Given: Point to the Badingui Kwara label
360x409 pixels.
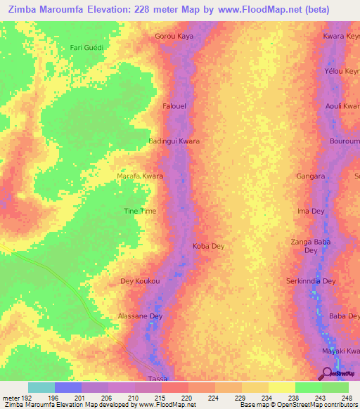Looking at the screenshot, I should (x=174, y=141).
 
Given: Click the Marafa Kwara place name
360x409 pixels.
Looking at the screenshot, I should (x=139, y=176).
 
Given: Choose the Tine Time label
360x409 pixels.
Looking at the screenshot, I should (x=140, y=211).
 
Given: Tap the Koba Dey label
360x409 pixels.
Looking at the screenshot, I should (x=208, y=246).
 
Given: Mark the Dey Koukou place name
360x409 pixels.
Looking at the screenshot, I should (x=141, y=281).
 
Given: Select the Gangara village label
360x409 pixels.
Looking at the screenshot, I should (x=311, y=176).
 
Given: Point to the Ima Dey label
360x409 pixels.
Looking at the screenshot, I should (x=311, y=211).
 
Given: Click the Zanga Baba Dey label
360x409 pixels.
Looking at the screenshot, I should (x=311, y=246).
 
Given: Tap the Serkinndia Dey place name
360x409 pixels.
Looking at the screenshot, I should (x=311, y=281).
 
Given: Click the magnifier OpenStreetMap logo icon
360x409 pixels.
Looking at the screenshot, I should (x=328, y=375).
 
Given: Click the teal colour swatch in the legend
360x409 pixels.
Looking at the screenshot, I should (x=41, y=387).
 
